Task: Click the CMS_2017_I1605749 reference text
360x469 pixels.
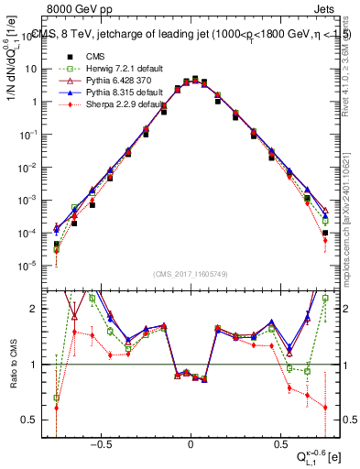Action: pyautogui.click(x=190, y=274)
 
